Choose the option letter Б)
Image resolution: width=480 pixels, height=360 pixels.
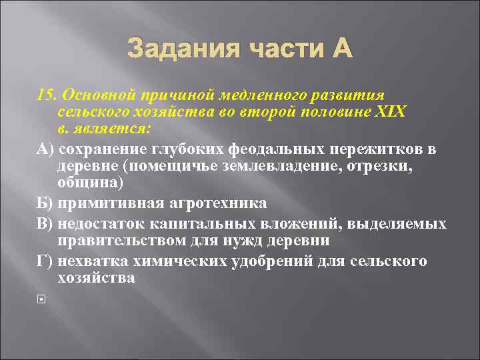[x=46, y=203]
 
